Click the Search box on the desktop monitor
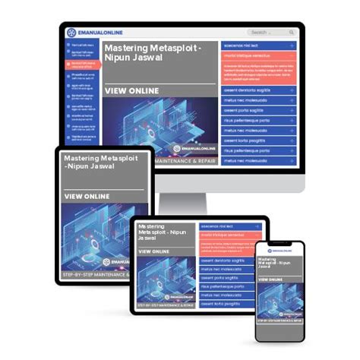(270, 33)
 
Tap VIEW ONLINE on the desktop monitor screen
(132, 90)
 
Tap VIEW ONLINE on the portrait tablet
(87, 196)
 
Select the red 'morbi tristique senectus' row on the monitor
(258, 56)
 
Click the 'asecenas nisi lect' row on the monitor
(258, 46)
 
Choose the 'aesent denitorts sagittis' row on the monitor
(258, 90)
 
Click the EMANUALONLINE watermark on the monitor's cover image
(194, 149)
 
